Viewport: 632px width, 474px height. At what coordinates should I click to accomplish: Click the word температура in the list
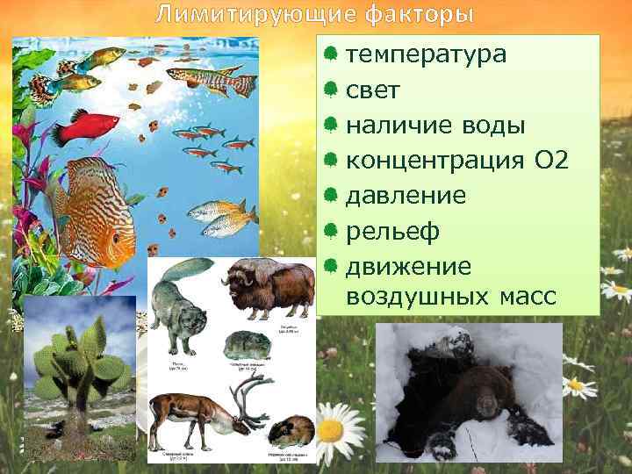click(426, 54)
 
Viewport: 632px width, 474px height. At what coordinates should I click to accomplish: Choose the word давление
click(406, 195)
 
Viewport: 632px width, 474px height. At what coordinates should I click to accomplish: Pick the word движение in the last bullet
click(408, 265)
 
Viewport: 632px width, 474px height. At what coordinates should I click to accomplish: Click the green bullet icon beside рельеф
click(331, 231)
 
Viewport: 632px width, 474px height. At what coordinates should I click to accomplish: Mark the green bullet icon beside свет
click(331, 90)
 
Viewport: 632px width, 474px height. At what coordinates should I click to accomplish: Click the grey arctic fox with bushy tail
click(180, 298)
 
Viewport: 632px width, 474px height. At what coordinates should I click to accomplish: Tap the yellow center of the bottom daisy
click(331, 430)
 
